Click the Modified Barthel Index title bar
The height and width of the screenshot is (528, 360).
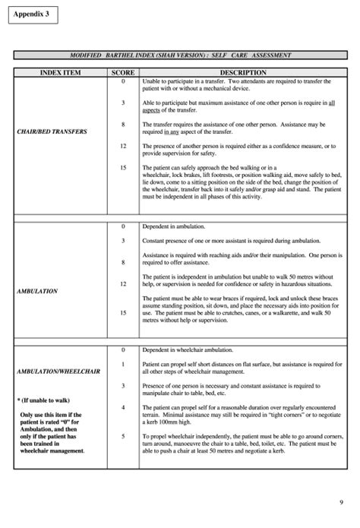click(x=180, y=56)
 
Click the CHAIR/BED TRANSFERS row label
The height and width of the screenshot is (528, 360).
click(x=52, y=131)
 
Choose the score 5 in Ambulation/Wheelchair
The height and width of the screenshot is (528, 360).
click(x=123, y=436)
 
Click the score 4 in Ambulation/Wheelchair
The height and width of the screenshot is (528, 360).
click(x=123, y=408)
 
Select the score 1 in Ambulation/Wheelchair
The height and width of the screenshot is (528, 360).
click(x=123, y=365)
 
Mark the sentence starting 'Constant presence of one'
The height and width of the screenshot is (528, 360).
click(x=228, y=240)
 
